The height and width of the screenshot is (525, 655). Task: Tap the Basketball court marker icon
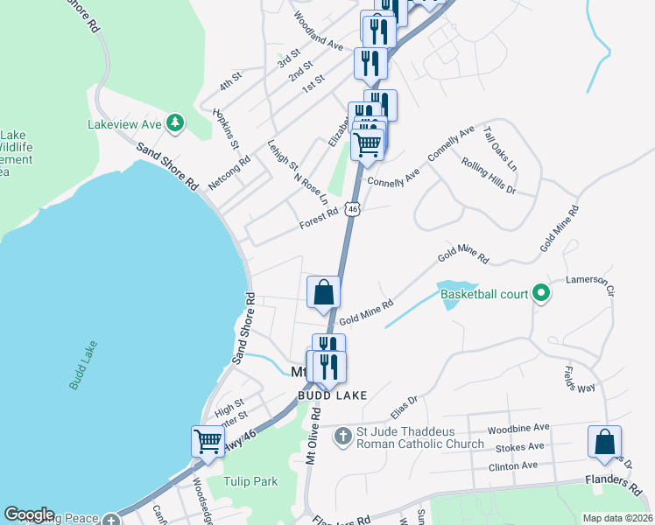pos(541,294)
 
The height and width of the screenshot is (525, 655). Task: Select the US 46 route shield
pos(352,208)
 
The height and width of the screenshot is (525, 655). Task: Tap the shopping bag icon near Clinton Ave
pos(605,441)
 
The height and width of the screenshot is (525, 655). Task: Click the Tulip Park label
pos(250,481)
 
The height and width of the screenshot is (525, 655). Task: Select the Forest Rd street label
pos(318,218)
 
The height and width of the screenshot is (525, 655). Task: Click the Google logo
pos(29,514)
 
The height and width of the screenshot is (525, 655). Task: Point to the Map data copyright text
pos(616,518)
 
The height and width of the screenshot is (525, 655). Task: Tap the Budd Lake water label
pos(84,369)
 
